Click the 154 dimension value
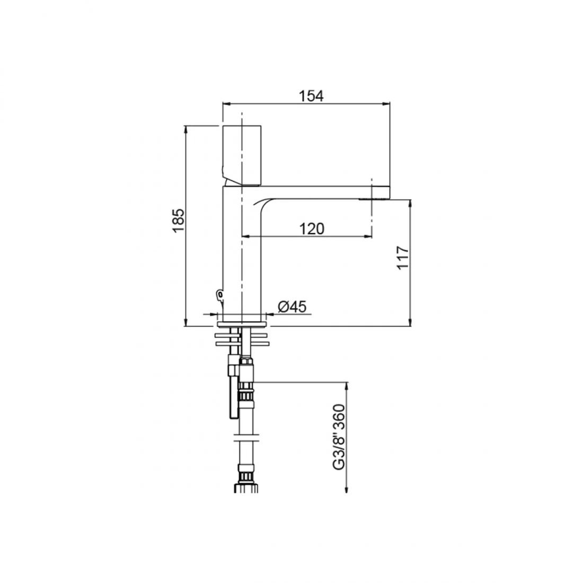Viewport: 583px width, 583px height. tap(311, 96)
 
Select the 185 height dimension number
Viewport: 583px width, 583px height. tap(179, 220)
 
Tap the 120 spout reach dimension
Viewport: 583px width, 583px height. tap(312, 228)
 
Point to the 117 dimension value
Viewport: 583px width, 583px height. tap(402, 257)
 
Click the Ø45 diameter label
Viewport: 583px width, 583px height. tap(292, 307)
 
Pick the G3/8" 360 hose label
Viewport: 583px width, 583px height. tap(339, 437)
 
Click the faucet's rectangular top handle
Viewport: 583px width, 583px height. tap(242, 155)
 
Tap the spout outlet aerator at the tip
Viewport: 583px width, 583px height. tap(374, 199)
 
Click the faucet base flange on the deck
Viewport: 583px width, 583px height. tap(242, 324)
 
